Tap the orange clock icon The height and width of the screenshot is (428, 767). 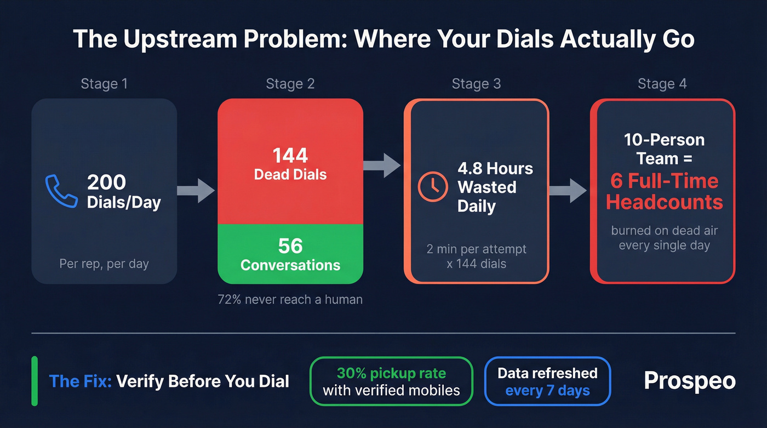433,186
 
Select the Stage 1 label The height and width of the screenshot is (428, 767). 104,84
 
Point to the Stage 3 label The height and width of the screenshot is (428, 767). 476,84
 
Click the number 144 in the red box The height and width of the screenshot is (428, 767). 290,156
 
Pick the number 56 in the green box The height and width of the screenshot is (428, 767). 290,246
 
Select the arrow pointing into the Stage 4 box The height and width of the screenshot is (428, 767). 568,190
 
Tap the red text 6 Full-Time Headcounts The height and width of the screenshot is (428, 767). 664,191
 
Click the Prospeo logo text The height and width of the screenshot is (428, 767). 689,381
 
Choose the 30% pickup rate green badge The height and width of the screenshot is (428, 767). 391,381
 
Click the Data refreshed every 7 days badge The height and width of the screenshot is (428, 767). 547,381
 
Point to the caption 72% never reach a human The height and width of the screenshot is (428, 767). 290,299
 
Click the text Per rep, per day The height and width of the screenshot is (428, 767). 104,264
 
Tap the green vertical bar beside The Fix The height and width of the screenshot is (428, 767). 35,381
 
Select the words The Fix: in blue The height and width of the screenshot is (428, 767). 80,381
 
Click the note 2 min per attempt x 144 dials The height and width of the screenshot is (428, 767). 476,256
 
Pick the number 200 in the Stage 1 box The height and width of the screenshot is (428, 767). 106,182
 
